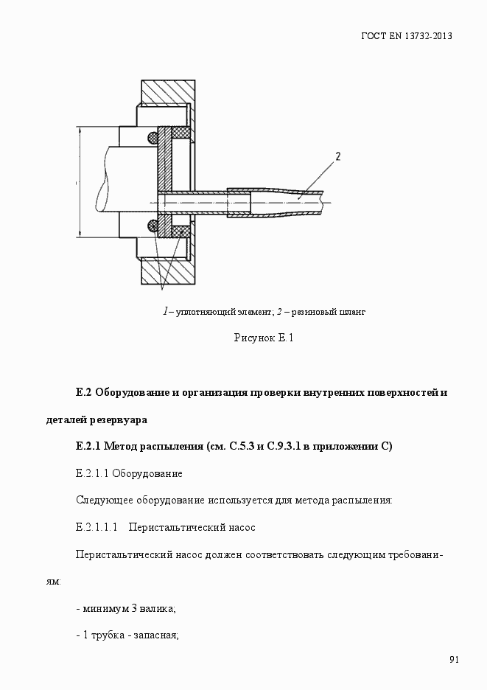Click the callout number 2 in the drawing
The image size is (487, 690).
337,156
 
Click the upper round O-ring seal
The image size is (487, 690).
153,136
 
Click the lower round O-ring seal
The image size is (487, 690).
153,225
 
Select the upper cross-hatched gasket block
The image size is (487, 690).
181,133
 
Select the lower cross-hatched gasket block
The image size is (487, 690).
181,231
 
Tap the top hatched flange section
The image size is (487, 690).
168,92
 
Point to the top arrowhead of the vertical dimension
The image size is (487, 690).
77,130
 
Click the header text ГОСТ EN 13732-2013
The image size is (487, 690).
406,35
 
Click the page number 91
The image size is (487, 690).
454,660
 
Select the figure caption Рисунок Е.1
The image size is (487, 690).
264,338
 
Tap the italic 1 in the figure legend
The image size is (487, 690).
165,311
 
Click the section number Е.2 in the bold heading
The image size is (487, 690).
83,392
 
